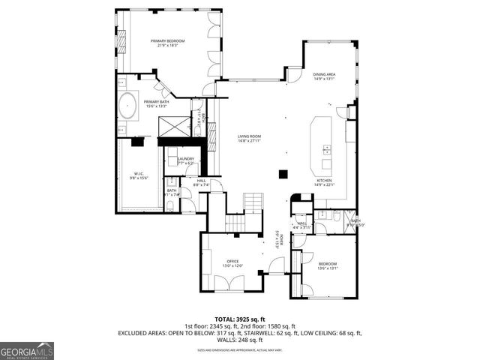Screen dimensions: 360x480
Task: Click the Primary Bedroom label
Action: [166, 40]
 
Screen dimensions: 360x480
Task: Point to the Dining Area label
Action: [324, 74]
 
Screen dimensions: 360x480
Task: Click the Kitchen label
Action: [324, 181]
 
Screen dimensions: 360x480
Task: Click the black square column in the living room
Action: [283, 174]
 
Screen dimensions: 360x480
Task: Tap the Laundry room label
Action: [186, 158]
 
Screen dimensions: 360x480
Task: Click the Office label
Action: [232, 261]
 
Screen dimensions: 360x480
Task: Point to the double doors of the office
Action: [228, 284]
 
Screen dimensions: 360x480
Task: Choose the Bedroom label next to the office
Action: [328, 263]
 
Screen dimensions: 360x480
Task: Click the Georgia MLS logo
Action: [27, 350]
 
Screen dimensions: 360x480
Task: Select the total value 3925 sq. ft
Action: [250, 319]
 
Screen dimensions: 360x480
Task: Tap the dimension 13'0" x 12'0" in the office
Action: [232, 266]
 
